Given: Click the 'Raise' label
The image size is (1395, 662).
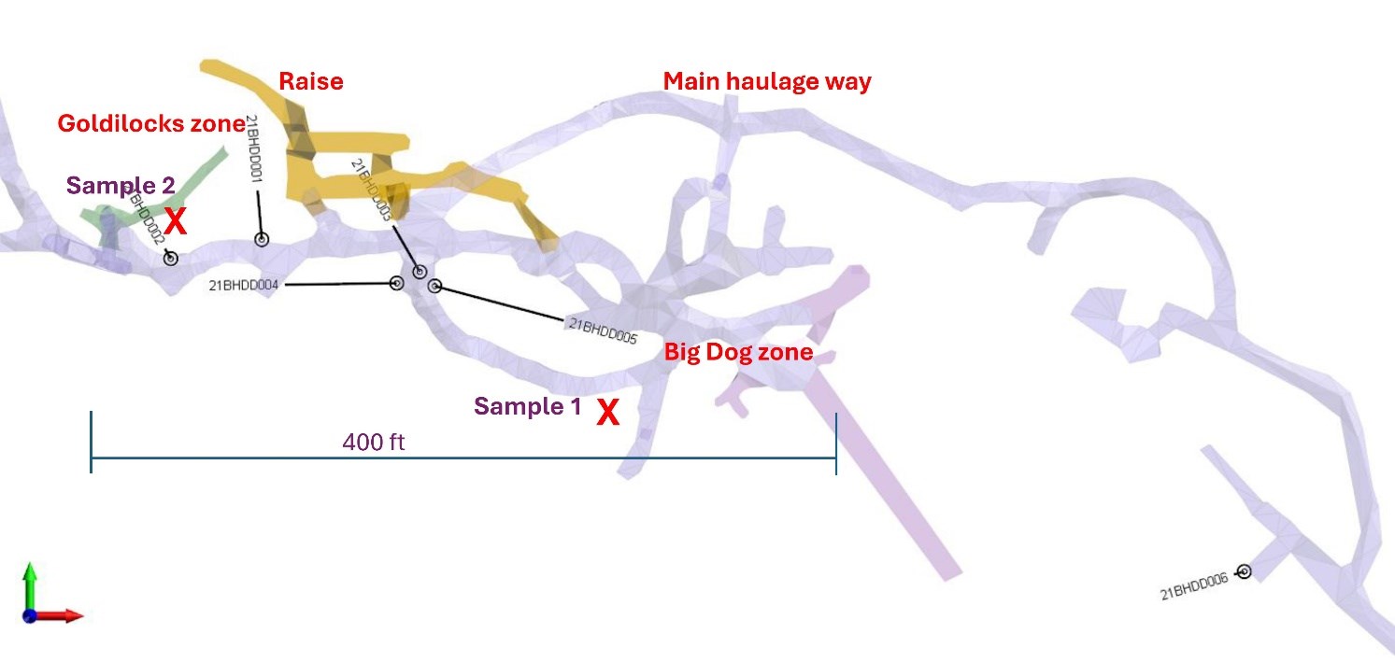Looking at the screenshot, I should coord(311,81).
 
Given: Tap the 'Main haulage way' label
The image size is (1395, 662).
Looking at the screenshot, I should coord(767,81).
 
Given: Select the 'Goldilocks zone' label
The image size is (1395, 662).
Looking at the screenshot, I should coord(150,123).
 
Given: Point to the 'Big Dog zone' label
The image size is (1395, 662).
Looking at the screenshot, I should coord(738,354).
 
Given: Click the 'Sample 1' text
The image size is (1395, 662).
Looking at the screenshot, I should coord(528,406).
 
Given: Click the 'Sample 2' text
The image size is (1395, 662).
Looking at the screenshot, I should coord(121,185).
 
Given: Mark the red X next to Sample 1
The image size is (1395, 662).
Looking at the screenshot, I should coord(608,412).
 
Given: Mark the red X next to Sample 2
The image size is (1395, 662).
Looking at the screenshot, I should coord(176,221).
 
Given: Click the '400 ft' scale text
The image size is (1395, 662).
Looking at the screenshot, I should coord(373,442).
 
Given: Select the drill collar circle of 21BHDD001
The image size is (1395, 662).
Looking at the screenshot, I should coord(262,240).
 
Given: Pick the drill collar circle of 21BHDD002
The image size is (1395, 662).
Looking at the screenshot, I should coord(171,258).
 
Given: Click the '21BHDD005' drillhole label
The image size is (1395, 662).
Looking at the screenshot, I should coord(602,331).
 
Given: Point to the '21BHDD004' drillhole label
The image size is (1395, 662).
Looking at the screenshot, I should coord(245,285).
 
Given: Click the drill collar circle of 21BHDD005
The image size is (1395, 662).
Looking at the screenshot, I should coord(434,287).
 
